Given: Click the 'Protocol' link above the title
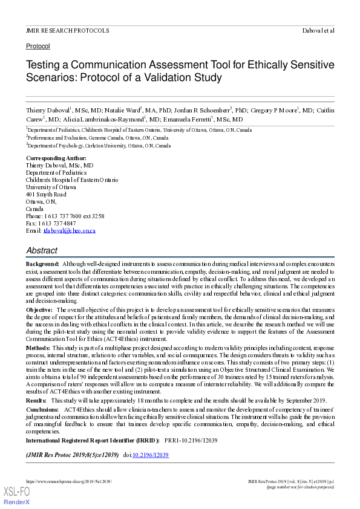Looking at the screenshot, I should [38, 46].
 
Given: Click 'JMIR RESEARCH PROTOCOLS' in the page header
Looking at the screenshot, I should [67, 30].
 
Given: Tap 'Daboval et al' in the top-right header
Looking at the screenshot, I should [318, 30].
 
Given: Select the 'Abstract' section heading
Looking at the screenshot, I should [42, 250].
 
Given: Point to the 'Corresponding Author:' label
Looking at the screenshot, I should [56, 158].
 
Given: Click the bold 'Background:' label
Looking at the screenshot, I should [42, 264].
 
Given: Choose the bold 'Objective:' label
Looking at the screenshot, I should [39, 309].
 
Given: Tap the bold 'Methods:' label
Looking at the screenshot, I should [38, 348].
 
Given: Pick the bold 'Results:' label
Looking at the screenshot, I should [36, 400].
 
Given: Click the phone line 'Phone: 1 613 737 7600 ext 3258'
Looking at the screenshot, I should [65, 216].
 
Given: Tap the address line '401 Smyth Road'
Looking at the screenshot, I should [46, 194].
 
